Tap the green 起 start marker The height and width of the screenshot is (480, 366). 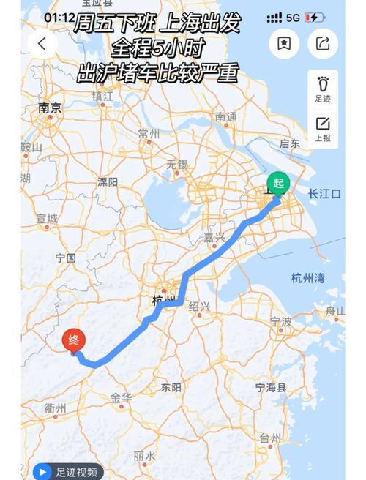(x=278, y=183)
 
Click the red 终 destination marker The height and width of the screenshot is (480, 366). (x=74, y=340)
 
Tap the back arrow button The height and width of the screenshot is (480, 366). (x=42, y=43)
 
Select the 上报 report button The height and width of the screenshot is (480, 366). (x=323, y=129)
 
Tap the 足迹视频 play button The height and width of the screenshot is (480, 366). (x=42, y=472)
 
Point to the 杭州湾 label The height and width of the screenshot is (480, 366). (x=307, y=277)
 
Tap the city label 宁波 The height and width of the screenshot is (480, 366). (x=281, y=321)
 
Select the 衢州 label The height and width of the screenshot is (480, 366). (x=56, y=408)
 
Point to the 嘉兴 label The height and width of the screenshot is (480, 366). (x=214, y=238)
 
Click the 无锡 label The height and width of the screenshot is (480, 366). (x=177, y=164)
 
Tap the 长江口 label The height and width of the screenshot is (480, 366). (x=324, y=194)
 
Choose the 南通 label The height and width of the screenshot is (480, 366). (x=226, y=116)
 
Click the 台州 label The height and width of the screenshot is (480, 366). (x=269, y=438)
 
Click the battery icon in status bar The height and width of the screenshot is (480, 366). (x=313, y=16)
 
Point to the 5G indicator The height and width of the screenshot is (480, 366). (x=293, y=16)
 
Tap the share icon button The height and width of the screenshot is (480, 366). (x=323, y=43)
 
